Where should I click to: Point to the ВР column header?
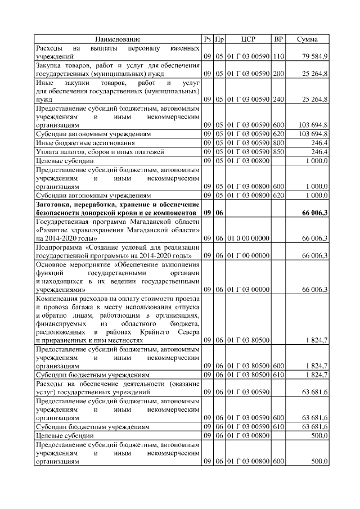(278, 39)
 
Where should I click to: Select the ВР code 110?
(278, 57)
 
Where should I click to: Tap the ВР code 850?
(278, 152)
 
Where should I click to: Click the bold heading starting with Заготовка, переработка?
(118, 209)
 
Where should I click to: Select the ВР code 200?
(278, 74)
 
